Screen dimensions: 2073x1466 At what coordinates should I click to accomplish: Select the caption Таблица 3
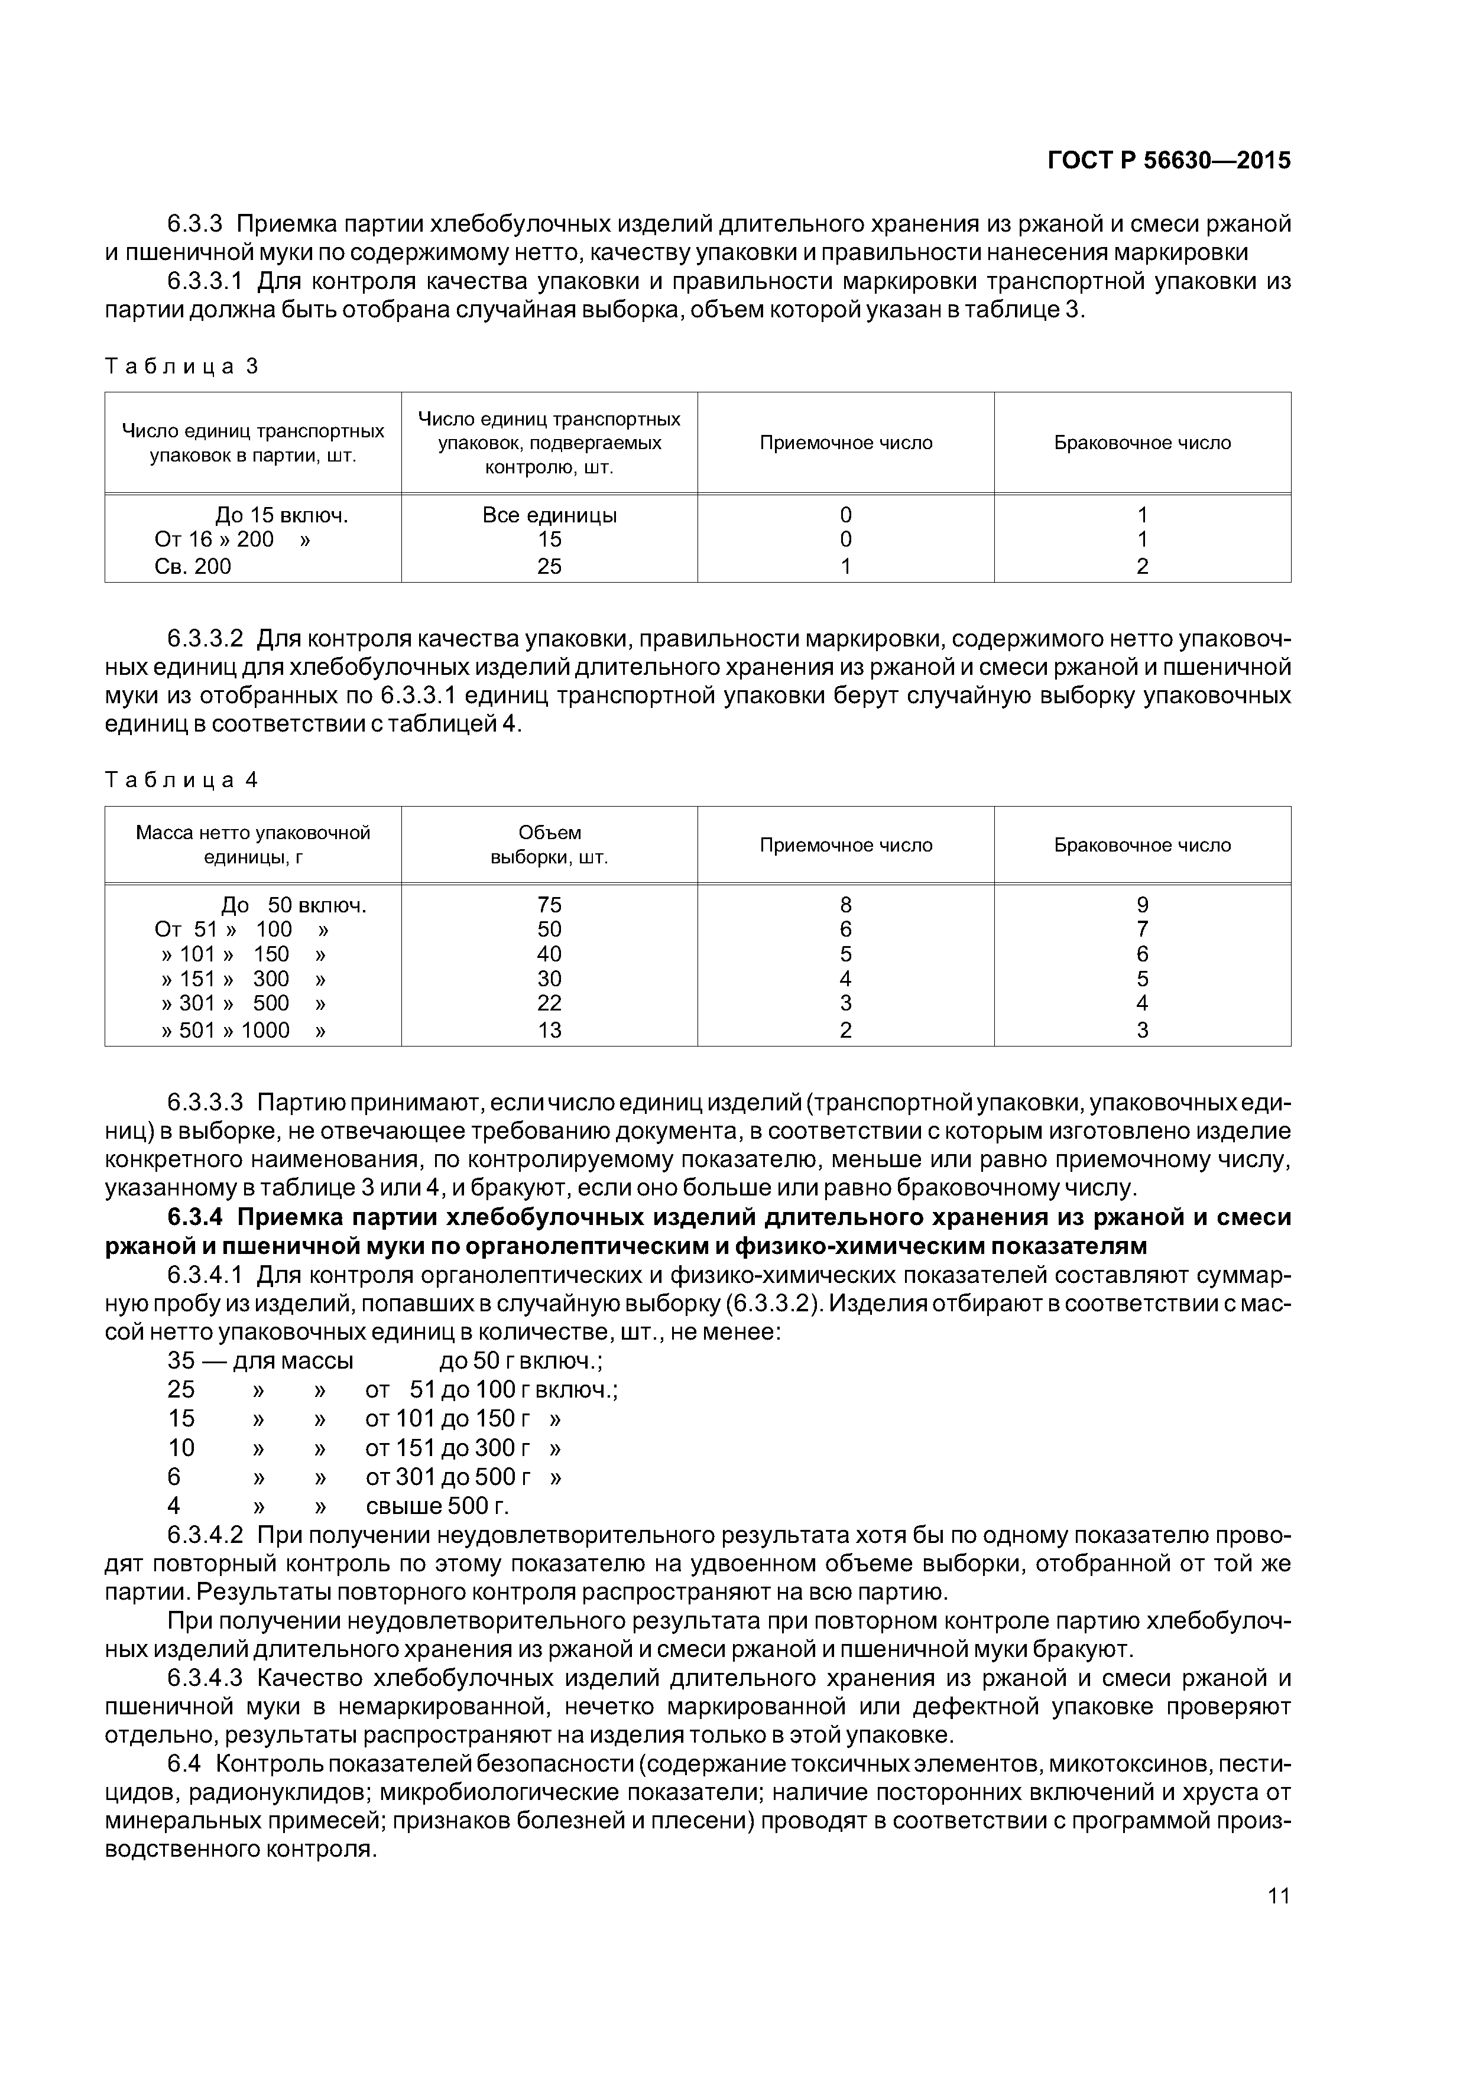pyautogui.click(x=181, y=366)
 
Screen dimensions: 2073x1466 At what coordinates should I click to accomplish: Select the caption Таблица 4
pyautogui.click(x=181, y=780)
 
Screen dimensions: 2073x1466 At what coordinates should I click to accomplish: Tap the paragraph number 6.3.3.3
pyautogui.click(x=205, y=1103)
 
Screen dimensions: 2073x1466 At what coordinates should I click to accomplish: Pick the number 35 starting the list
pyautogui.click(x=181, y=1361)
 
